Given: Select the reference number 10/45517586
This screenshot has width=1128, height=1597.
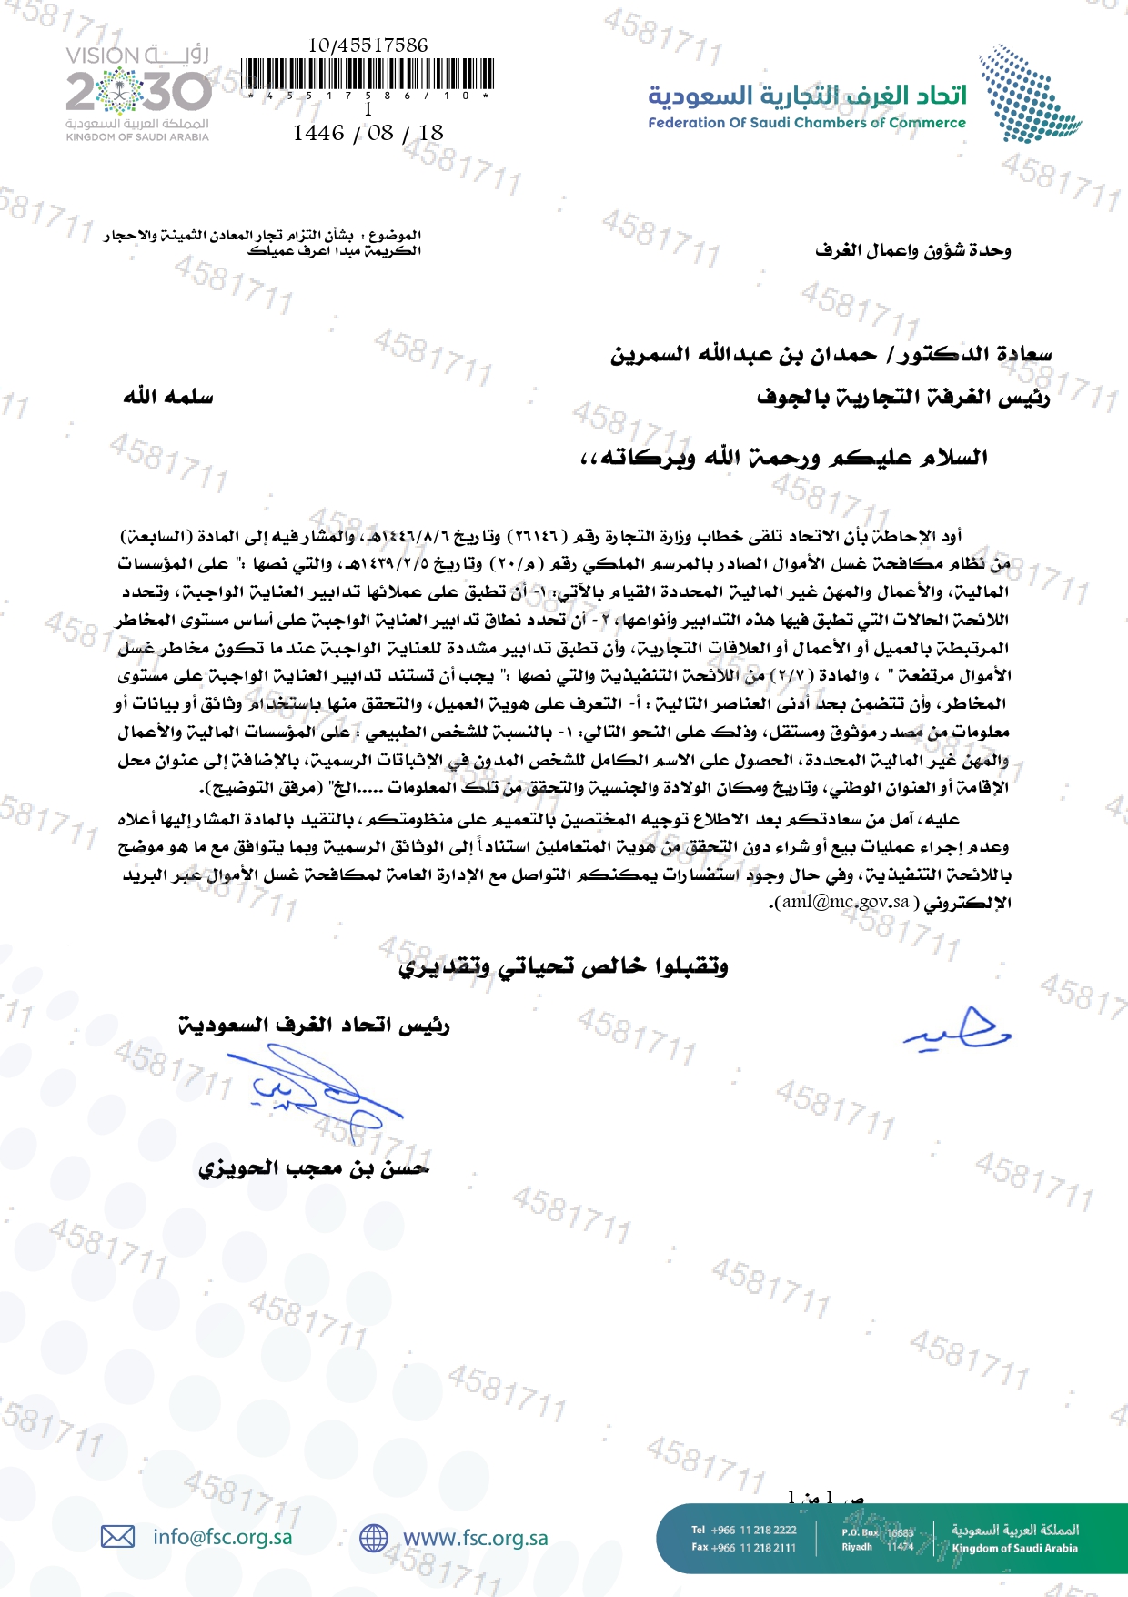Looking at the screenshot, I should [368, 45].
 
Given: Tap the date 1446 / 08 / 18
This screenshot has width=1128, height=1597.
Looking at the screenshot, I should [368, 133].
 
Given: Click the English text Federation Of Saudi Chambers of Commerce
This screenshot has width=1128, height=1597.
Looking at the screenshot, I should [807, 123].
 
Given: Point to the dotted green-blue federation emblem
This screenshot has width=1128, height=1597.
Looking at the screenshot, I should [1028, 96].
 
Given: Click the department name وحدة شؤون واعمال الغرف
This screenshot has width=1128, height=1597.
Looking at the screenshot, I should [912, 250].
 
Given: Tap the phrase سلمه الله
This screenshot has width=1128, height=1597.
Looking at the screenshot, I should [168, 397].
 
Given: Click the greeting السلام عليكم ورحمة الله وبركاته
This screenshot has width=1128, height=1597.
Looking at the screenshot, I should [784, 457].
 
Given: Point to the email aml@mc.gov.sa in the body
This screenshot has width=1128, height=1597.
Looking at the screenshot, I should [845, 902].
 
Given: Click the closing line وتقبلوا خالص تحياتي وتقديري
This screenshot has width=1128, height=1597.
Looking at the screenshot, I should [563, 965].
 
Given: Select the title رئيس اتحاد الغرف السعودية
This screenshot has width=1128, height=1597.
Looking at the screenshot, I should [314, 1026].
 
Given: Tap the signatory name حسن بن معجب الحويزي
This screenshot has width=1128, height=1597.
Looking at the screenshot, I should [314, 1167].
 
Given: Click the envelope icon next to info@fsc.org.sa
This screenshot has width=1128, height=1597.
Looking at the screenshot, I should [117, 1537].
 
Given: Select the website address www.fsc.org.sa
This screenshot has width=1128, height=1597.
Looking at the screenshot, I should [475, 1538].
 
